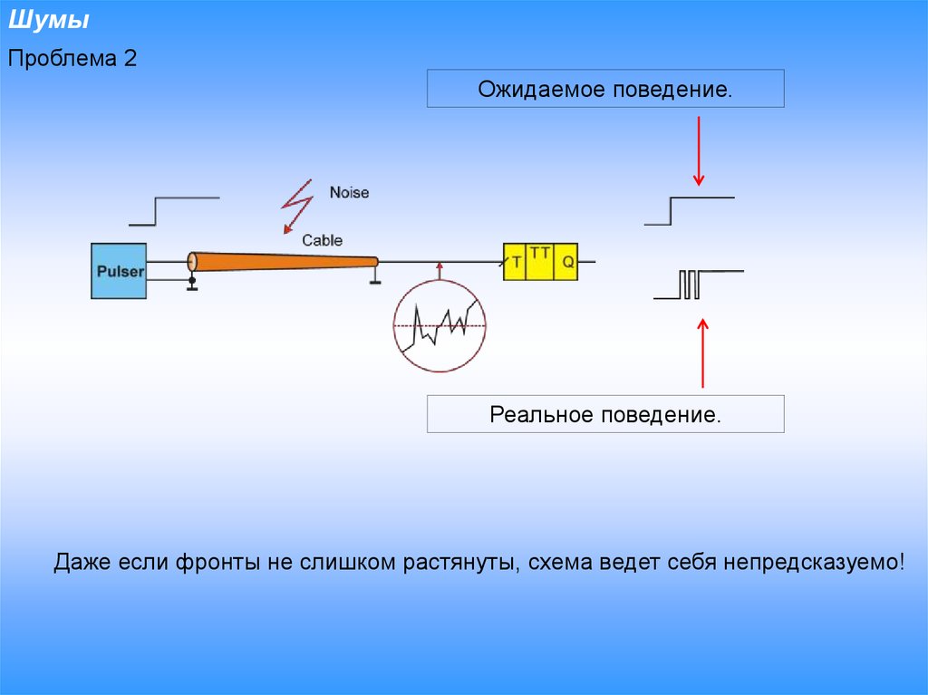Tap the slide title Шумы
[x=49, y=20]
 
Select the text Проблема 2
[x=72, y=60]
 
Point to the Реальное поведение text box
[x=605, y=415]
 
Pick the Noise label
[x=349, y=192]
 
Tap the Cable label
[x=322, y=240]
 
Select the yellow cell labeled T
[x=516, y=263]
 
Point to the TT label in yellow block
[x=541, y=254]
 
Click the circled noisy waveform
[x=440, y=324]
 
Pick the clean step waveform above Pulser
[x=173, y=210]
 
